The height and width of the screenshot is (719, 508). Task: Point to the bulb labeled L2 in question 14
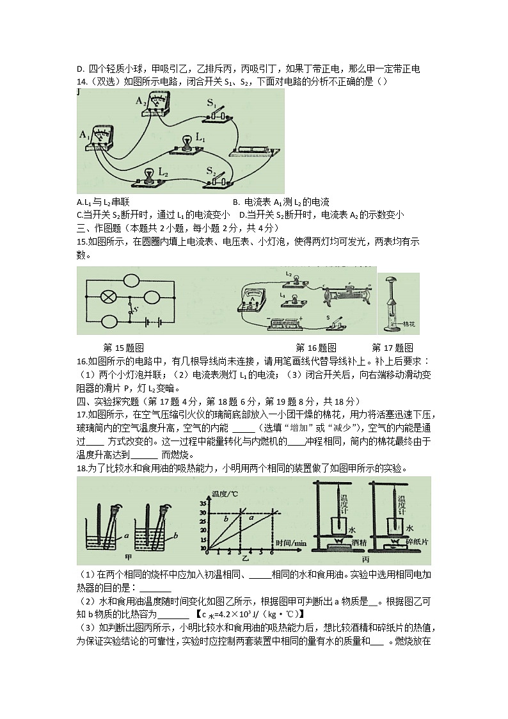pos(148,176)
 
